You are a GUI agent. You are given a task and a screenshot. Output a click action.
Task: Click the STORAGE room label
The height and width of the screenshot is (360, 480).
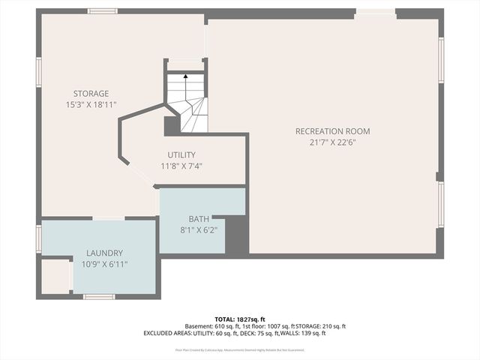[x=91, y=94]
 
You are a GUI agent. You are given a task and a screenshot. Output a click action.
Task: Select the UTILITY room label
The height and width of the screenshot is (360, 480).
[x=181, y=154]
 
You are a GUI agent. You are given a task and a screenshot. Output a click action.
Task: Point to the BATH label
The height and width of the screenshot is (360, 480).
[x=199, y=219]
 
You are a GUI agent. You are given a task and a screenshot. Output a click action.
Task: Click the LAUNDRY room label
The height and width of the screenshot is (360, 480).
[x=104, y=253]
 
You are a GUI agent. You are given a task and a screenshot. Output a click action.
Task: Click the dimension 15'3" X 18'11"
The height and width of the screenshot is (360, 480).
[x=91, y=105]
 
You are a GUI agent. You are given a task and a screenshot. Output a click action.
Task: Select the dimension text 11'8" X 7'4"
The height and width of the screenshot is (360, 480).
[x=181, y=166]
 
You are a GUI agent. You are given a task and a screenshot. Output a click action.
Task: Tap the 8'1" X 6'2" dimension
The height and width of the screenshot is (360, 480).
[x=199, y=230]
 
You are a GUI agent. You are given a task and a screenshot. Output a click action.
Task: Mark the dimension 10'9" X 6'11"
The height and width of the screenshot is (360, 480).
[x=104, y=265]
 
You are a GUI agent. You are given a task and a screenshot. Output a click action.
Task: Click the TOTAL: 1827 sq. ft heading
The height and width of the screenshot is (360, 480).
[x=241, y=319]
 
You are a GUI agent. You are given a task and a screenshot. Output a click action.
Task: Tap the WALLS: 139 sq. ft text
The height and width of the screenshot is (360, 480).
[x=303, y=333]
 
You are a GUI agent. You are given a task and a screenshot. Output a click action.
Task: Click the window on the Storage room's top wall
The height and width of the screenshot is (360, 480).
[x=102, y=11]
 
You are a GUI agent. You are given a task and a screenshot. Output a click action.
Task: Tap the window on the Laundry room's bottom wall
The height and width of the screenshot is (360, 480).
[x=98, y=296]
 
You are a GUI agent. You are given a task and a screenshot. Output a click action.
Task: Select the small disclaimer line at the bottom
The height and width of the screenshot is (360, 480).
[x=240, y=349]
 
